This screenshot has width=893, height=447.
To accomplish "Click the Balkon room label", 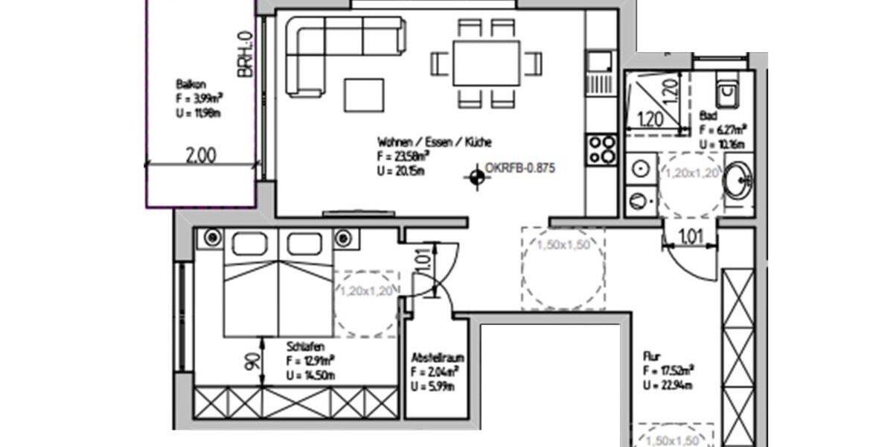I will tap(186, 84).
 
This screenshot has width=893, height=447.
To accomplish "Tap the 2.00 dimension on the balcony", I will tap(201, 155).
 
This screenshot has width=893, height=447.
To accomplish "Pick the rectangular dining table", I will tap(486, 63).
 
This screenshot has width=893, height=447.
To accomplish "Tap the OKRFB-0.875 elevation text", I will tap(519, 168).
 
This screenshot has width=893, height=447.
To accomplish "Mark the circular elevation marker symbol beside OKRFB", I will tap(474, 178).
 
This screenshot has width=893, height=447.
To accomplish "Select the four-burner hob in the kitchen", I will tap(601, 149).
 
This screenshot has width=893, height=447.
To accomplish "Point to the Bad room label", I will tap(708, 116).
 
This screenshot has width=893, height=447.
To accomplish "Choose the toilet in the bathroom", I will tap(726, 93).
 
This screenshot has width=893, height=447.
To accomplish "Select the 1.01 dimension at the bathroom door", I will tap(691, 238).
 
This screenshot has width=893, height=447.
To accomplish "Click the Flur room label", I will tap(652, 357).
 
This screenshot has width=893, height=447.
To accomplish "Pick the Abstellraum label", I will tap(435, 358).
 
